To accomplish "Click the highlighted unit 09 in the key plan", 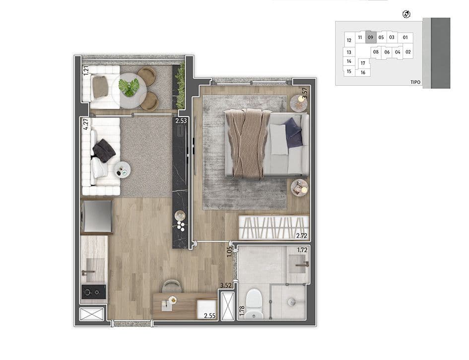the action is pyautogui.click(x=371, y=37).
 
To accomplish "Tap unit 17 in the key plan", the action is pyautogui.click(x=363, y=63).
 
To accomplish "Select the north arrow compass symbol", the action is pyautogui.click(x=406, y=14).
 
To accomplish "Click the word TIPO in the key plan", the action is pyautogui.click(x=415, y=82).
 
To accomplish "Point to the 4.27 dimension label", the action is pyautogui.click(x=86, y=124).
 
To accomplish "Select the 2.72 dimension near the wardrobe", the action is pyautogui.click(x=302, y=236).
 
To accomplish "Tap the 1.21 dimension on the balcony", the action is pyautogui.click(x=86, y=71).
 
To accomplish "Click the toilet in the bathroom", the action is pyautogui.click(x=254, y=303).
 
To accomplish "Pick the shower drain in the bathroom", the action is pyautogui.click(x=291, y=301).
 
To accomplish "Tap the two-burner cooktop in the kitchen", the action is pyautogui.click(x=94, y=292).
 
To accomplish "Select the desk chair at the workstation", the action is pyautogui.click(x=172, y=286).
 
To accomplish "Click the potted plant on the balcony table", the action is pyautogui.click(x=129, y=87).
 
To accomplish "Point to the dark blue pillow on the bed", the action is pyautogui.click(x=292, y=133).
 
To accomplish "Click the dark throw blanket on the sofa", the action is pyautogui.click(x=104, y=150).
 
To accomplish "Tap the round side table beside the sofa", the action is pyautogui.click(x=123, y=170).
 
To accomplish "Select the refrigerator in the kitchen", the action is pyautogui.click(x=97, y=216).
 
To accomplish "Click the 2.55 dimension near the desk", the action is pyautogui.click(x=209, y=315).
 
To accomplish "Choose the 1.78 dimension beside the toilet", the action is pyautogui.click(x=242, y=311).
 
